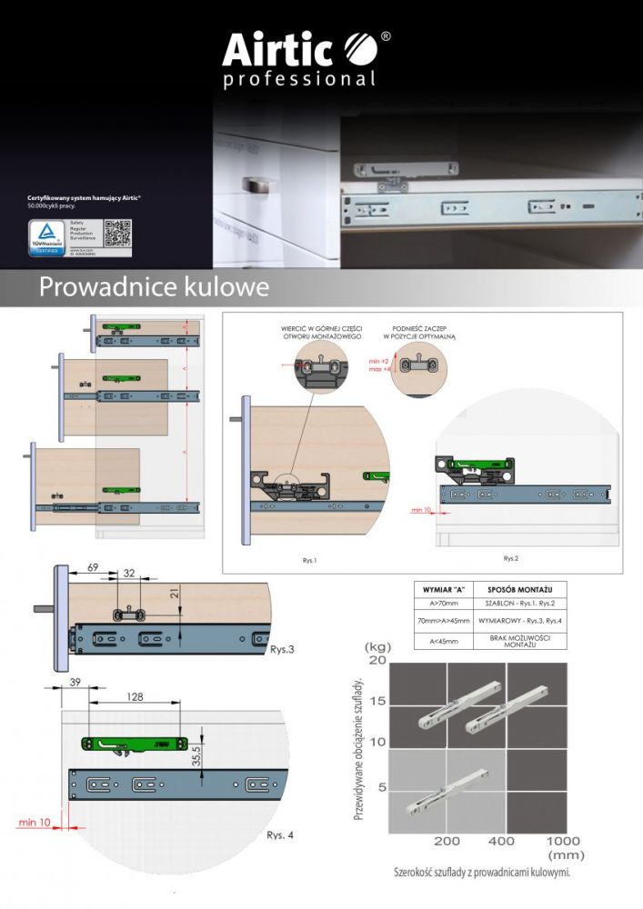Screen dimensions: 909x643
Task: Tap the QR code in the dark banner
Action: pos(117,234)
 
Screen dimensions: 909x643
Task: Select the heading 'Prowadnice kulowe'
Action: pos(154,287)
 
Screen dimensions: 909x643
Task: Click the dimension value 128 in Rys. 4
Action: pos(135,696)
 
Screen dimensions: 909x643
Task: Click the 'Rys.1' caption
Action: pos(310,560)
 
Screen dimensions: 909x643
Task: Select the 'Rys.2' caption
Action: pos(511,556)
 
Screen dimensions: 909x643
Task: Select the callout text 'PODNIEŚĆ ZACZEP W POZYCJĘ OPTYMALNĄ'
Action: pos(418,331)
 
